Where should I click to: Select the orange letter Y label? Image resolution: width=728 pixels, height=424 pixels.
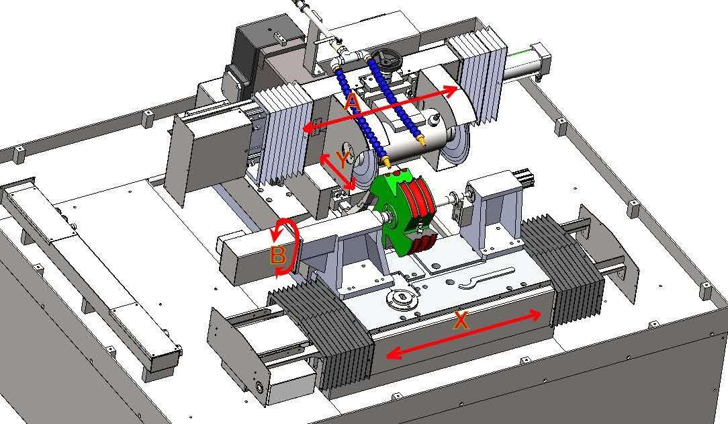point(343,160)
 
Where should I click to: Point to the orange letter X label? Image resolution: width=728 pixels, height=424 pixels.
point(461,321)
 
